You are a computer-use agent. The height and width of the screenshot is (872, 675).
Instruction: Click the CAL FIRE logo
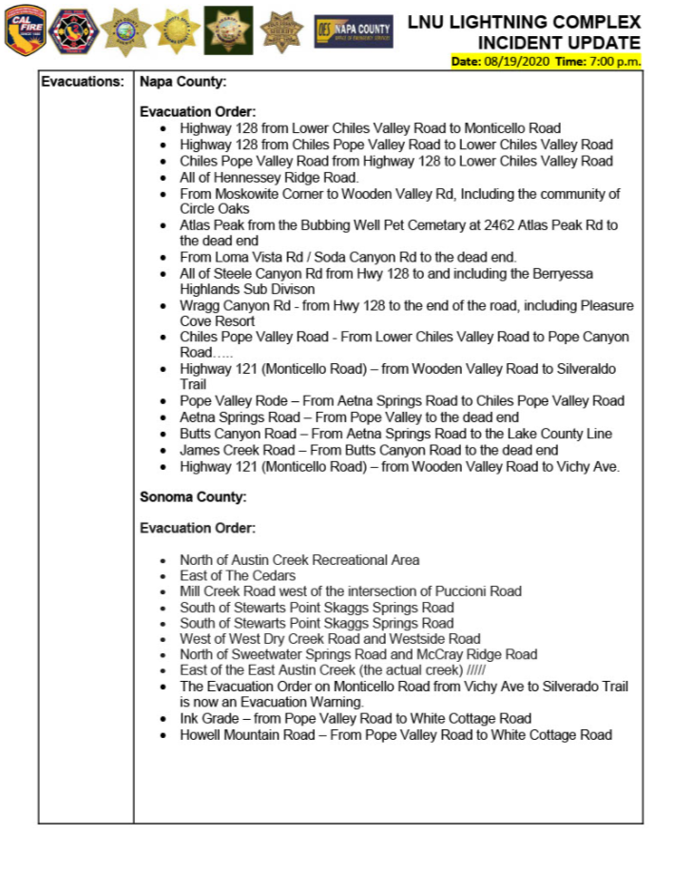click(26, 31)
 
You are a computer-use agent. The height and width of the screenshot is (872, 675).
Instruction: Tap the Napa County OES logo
click(354, 31)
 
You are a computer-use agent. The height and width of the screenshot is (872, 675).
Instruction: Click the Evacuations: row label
click(83, 82)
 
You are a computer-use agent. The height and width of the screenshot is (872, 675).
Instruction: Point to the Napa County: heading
click(183, 82)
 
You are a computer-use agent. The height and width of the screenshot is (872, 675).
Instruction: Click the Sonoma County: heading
click(193, 496)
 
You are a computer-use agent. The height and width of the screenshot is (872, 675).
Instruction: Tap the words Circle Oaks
click(215, 208)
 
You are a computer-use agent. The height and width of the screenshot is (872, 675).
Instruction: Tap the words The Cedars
click(260, 575)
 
